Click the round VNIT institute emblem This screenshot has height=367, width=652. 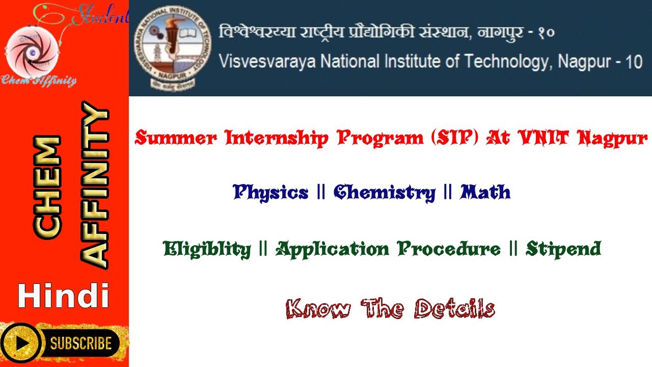173,48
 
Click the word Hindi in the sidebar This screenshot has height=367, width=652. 63,297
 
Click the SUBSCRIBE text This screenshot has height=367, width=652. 80,343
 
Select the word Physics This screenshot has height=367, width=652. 270,193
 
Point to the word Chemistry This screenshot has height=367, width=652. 385,193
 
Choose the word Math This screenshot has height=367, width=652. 485,193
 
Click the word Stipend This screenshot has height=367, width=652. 563,249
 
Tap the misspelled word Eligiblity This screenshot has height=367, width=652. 207,249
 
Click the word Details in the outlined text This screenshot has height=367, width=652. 454,309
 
